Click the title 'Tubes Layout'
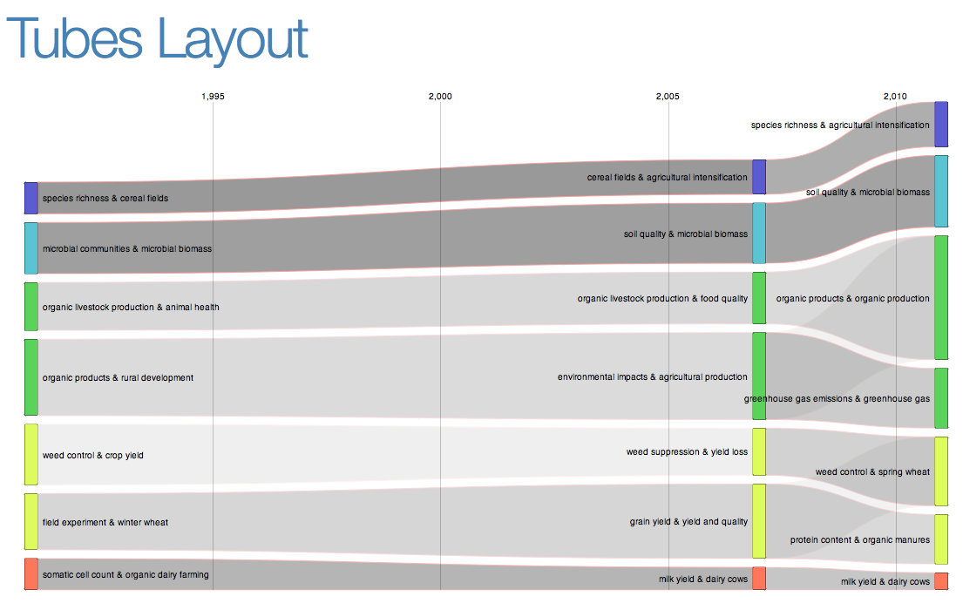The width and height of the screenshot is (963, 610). coord(158,40)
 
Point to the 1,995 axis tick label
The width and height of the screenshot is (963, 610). coord(213,96)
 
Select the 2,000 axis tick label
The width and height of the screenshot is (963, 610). coord(440,96)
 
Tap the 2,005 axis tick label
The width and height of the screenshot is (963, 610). coord(668,96)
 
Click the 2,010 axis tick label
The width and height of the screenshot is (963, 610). coord(895,96)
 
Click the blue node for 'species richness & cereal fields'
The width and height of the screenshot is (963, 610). coord(31,198)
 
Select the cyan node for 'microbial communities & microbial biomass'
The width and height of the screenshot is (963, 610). coord(31,248)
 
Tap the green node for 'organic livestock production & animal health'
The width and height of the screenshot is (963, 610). coord(31,307)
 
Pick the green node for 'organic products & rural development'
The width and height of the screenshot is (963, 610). coord(31,377)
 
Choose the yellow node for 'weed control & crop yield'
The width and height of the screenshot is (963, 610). coord(31,454)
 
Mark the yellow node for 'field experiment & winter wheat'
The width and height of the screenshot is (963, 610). coord(31,522)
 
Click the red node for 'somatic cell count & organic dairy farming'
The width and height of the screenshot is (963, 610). coord(31,574)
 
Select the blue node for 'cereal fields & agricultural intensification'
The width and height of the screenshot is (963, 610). coord(759,177)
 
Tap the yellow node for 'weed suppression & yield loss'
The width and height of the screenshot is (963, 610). coord(759,451)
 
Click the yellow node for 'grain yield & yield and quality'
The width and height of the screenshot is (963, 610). coord(759,521)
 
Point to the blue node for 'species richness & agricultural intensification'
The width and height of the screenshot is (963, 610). coord(941,125)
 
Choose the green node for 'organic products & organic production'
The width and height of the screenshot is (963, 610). coord(941,297)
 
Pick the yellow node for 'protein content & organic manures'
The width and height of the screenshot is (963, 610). coord(941,539)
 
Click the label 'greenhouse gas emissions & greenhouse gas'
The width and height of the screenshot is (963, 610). coord(837,399)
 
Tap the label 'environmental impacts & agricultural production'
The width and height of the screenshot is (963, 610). coord(653,377)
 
